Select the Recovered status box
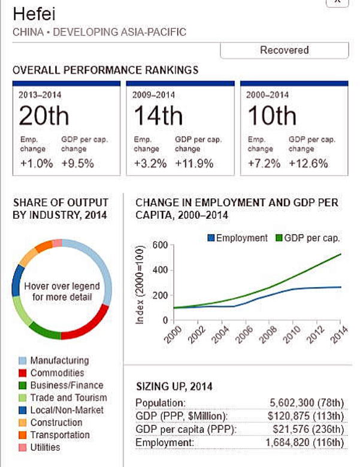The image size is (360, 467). [284, 50]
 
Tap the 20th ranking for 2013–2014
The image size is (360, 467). [44, 116]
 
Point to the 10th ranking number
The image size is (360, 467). [271, 116]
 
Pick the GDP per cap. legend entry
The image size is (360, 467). [309, 238]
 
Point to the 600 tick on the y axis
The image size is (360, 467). [158, 245]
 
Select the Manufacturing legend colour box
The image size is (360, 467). [22, 361]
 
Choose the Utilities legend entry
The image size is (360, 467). [45, 447]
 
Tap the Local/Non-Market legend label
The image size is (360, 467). [66, 410]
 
